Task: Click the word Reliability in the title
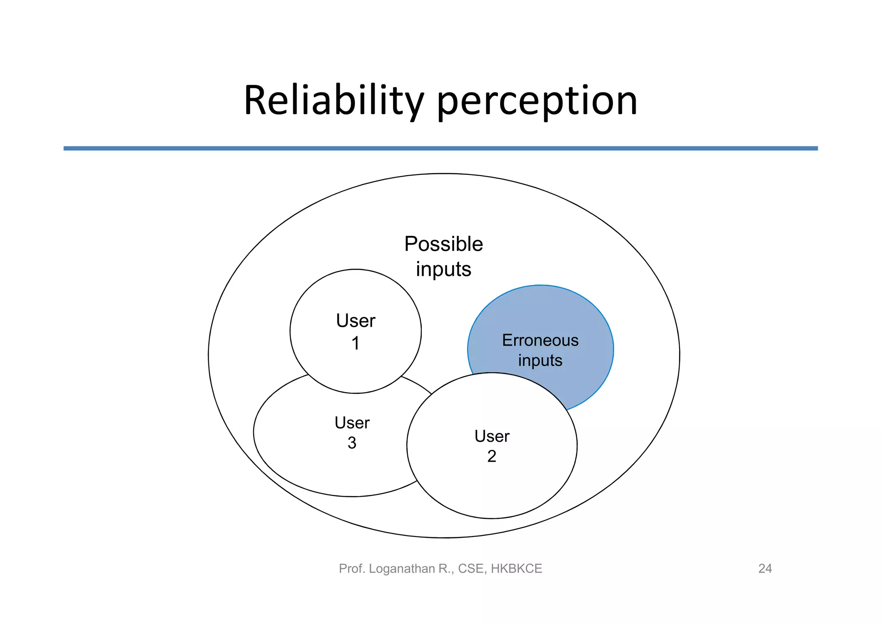[334, 102]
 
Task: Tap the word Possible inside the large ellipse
[444, 244]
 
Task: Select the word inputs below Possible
[444, 270]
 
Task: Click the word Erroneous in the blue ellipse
[540, 341]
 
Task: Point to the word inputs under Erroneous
[540, 360]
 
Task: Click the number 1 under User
[355, 344]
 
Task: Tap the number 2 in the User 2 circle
[491, 456]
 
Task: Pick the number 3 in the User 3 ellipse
[352, 443]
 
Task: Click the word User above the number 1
[355, 321]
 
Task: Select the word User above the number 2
[491, 437]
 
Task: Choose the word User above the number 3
[352, 423]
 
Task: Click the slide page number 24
[765, 569]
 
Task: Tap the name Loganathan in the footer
[402, 569]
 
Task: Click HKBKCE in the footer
[516, 569]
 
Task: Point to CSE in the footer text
[471, 569]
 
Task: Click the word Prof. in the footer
[352, 569]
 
